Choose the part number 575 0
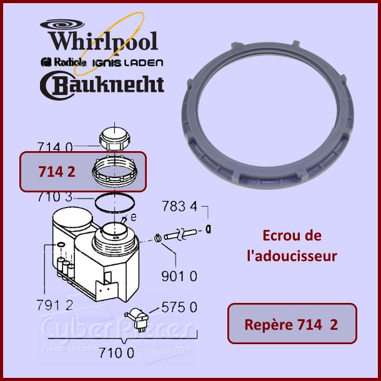[180, 307]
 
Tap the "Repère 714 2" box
[292, 324]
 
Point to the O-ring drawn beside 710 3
[114, 203]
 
